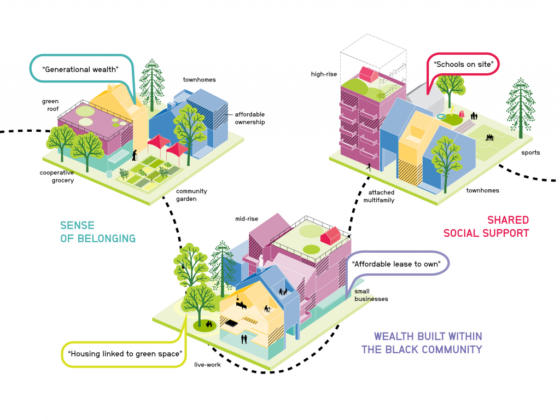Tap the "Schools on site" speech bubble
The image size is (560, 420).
pos(464,65)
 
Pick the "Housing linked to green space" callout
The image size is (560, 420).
pos(125,354)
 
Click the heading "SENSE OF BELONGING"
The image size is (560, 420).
pos(97,232)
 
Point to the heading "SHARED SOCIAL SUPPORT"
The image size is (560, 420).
pos(486,226)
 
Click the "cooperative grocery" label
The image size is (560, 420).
pos(56,177)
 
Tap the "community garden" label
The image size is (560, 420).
pos(191,195)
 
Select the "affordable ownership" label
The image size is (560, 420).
pos(250,118)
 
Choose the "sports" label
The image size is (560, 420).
pos(530,153)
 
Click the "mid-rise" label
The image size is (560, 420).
pos(246,219)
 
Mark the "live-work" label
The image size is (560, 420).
pos(208,365)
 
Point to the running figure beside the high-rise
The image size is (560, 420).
pos(370,168)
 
